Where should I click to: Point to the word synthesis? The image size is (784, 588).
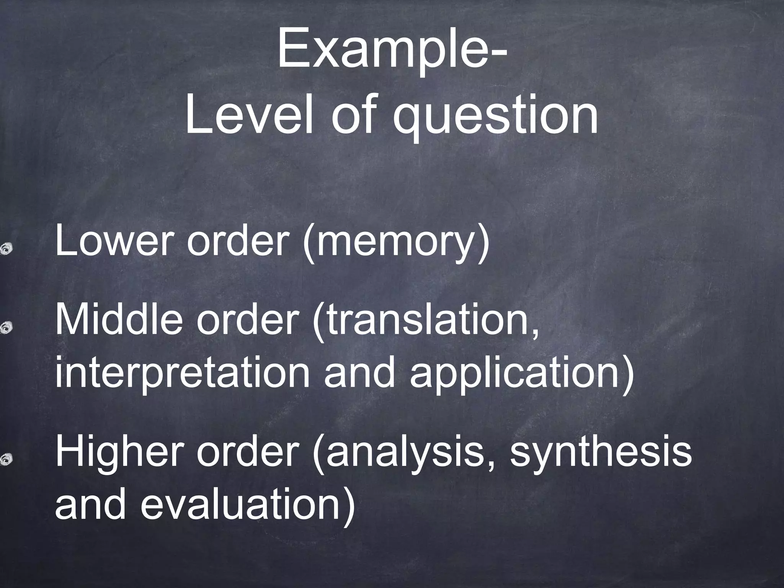click(601, 454)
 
